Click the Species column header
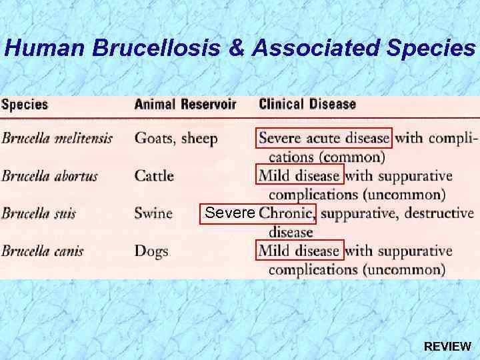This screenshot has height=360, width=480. pos(25,105)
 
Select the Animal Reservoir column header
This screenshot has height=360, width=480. pos(185,105)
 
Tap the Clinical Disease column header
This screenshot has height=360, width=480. pos(307,105)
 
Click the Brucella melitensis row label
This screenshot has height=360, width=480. pos(57,139)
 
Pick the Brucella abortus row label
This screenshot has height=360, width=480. pos(49,177)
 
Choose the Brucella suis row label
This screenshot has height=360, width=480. pos(39,214)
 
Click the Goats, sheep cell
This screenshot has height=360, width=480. pos(176,139)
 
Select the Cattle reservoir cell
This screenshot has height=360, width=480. pos(154,177)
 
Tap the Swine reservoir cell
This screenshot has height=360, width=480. pos(153,214)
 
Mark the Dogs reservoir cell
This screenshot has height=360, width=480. pos(151,251)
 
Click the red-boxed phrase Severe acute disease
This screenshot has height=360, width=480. pos(324,139)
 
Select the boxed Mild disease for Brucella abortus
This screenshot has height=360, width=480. pos(299,177)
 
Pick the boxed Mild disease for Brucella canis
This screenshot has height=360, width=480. pos(299,251)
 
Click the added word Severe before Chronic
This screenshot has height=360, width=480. pos(230,213)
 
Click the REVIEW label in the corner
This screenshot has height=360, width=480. pos(447,347)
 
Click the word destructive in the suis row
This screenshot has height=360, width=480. pos(439,214)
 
